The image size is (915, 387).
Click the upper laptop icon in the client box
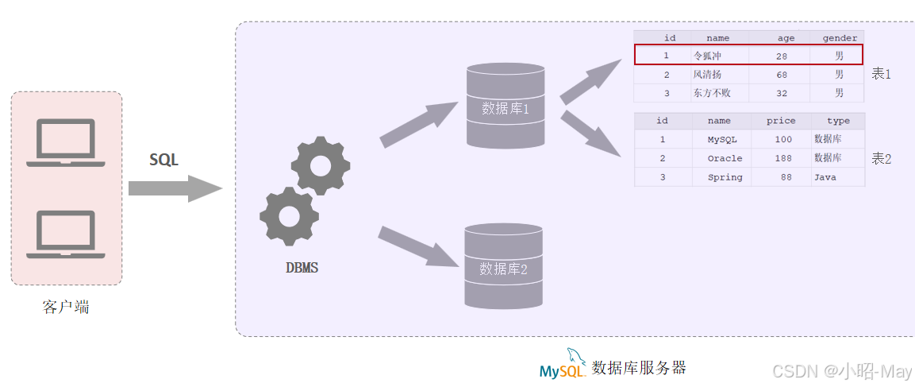(66, 142)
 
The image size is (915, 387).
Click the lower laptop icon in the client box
(66, 234)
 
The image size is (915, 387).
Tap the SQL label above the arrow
(164, 160)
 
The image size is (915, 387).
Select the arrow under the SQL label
(175, 188)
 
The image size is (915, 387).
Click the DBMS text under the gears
(302, 268)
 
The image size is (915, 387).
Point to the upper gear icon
(320, 165)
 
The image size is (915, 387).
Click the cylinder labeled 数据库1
(506, 106)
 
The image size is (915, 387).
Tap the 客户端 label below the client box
(66, 307)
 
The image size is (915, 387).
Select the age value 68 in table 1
(782, 75)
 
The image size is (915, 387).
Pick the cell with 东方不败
(712, 93)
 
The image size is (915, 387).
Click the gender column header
(839, 38)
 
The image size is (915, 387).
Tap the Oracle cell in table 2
(725, 158)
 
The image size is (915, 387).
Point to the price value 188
(783, 158)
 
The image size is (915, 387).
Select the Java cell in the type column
(825, 177)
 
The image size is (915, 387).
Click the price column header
(780, 121)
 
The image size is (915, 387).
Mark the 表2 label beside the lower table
(882, 158)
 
